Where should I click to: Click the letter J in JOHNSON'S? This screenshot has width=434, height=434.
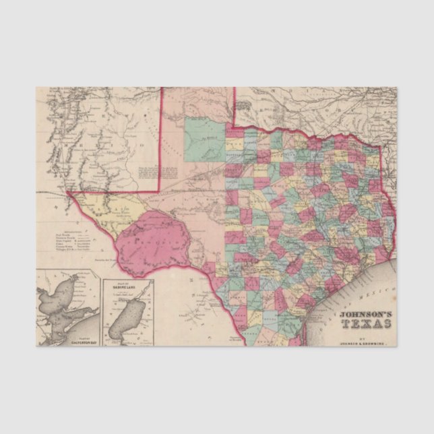(342, 313)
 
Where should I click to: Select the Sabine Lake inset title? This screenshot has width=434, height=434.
(128, 288)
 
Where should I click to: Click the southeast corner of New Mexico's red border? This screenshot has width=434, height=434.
(160, 191)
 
